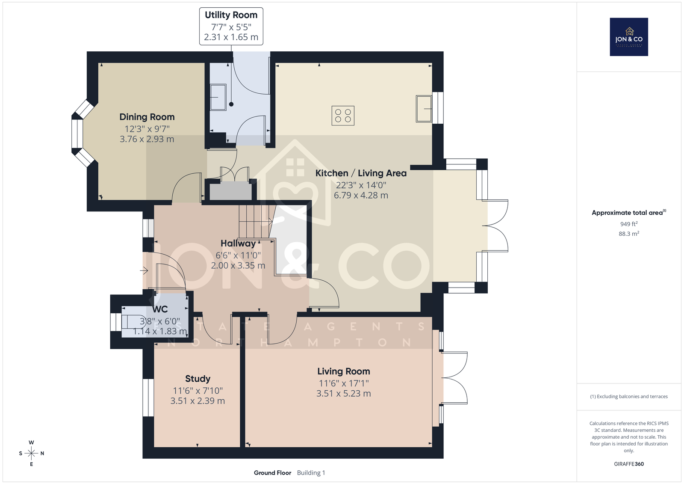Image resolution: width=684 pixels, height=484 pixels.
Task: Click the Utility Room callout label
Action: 231,26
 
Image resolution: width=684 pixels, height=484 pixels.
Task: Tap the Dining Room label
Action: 147,117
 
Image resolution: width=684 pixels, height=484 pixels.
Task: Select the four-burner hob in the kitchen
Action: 343,116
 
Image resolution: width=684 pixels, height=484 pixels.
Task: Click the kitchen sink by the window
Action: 424,109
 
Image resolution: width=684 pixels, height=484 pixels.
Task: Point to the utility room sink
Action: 218,97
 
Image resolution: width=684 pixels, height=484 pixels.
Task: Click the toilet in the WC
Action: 134,321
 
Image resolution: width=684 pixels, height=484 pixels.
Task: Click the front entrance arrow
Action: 144,270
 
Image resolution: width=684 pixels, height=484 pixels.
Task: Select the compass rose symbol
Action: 32,453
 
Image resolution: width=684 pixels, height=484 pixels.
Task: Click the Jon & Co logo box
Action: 629,37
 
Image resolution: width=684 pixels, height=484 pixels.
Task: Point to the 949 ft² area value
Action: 629,224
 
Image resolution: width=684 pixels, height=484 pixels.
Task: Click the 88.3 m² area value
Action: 629,234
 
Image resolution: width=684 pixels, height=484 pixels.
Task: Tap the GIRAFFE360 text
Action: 629,464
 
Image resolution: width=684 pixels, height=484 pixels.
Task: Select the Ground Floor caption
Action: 273,473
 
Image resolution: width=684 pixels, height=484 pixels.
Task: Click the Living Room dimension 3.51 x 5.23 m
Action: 344,394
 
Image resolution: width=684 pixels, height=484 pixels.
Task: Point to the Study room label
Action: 198,379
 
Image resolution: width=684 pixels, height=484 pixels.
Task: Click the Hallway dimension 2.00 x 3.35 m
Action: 238,265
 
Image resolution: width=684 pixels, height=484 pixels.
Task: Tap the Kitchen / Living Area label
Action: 361,173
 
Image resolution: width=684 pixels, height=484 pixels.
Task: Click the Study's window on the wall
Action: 148,398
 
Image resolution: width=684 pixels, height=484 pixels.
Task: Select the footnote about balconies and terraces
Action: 629,397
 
